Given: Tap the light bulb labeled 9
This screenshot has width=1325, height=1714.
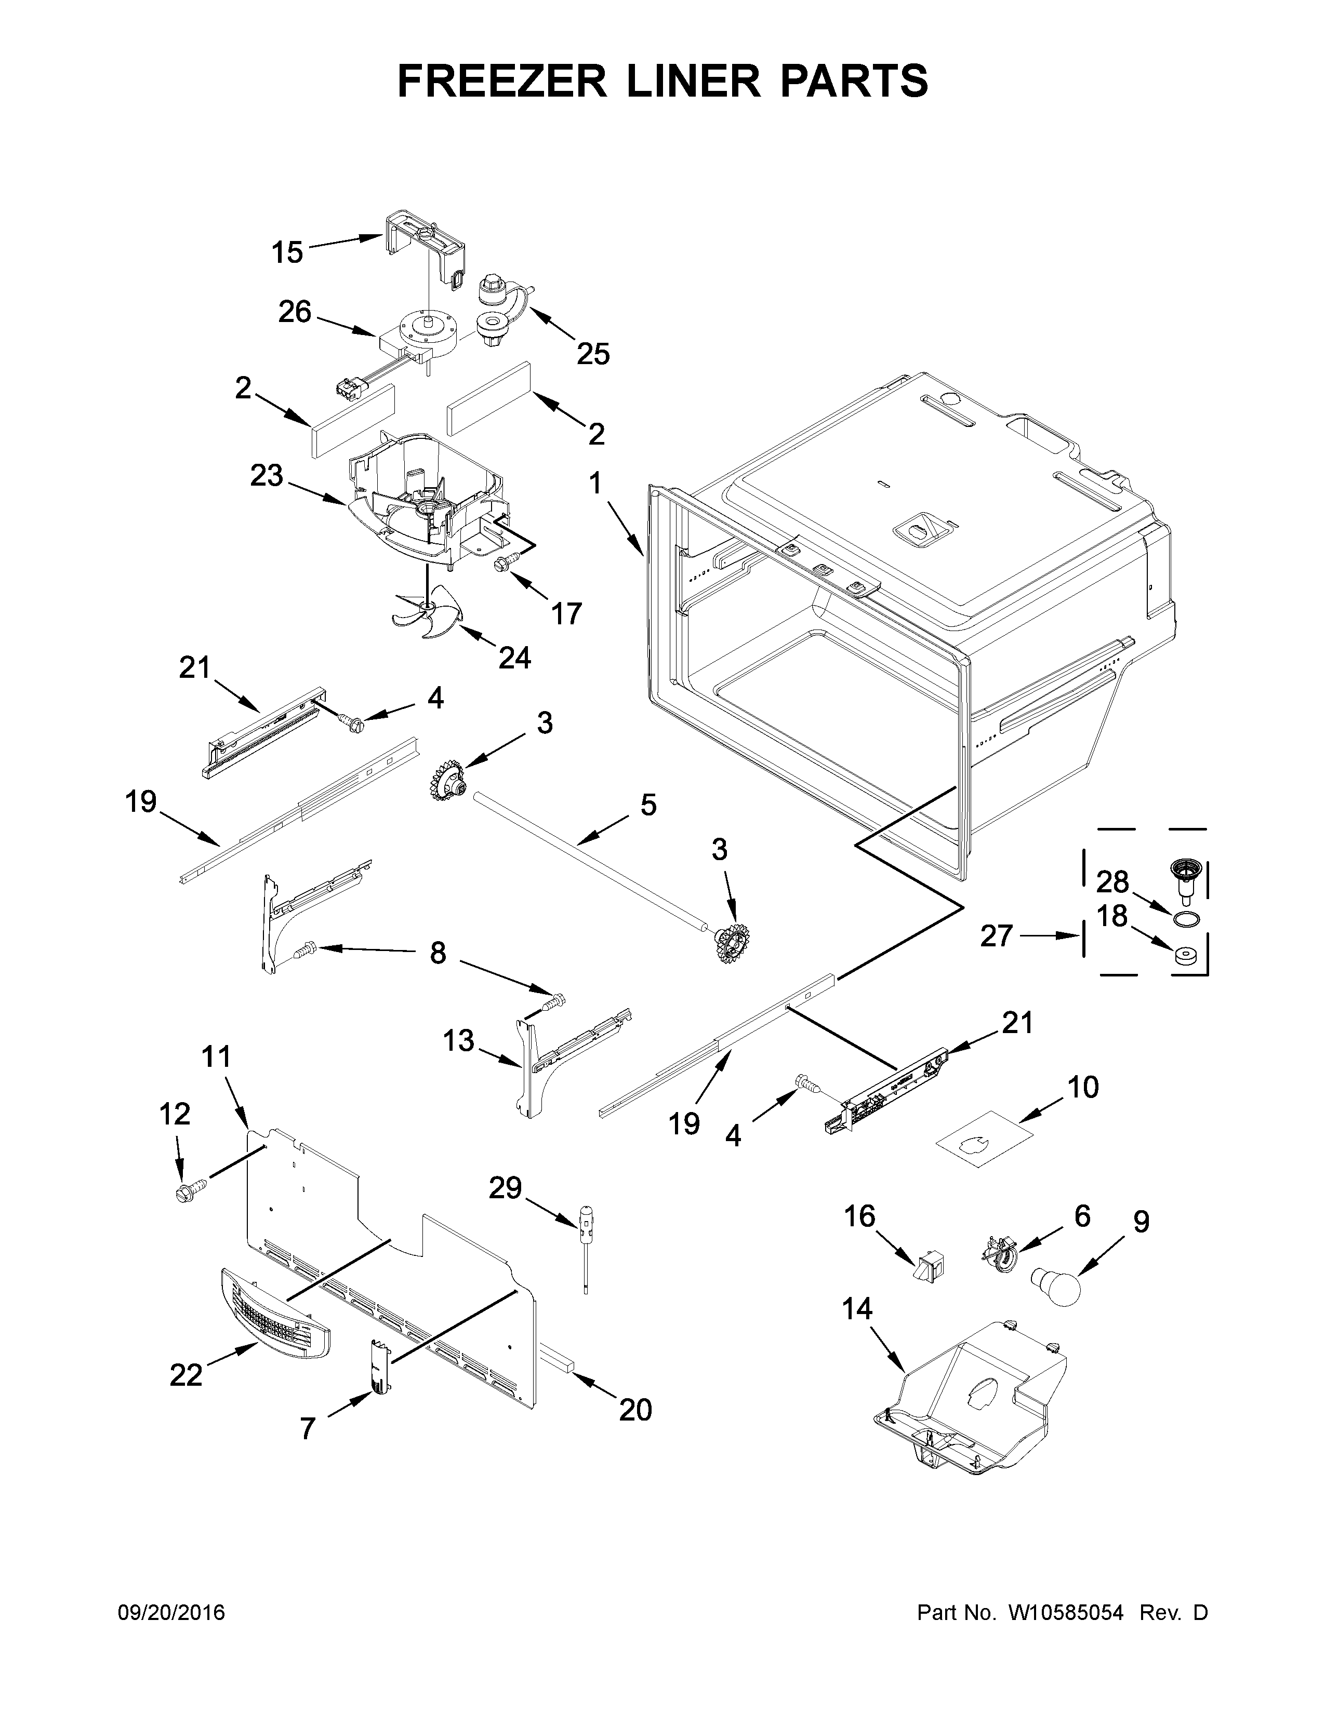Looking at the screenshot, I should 1056,1287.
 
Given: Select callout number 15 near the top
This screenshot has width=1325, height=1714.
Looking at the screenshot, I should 287,253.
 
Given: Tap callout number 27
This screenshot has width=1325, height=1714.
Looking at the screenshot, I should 996,935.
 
